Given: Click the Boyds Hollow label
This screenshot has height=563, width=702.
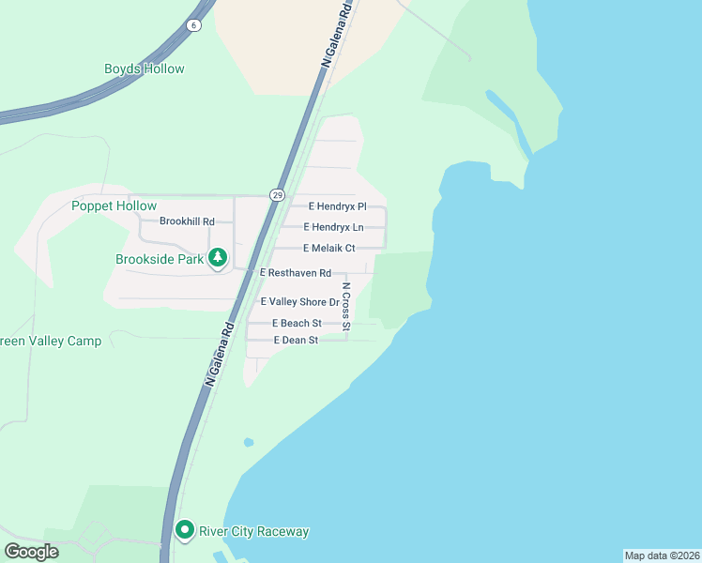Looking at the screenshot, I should (x=144, y=68).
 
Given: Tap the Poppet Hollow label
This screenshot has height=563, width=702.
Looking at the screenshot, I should (x=114, y=205).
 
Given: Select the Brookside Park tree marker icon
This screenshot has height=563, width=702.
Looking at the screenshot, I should (x=218, y=257).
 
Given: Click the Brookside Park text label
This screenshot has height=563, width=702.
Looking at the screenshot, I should (x=160, y=260).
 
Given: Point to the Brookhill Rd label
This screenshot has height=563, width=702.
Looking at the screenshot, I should (x=187, y=221).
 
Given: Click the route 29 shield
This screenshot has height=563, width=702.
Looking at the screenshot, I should (x=276, y=195).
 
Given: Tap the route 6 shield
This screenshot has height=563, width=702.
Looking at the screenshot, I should (x=193, y=25).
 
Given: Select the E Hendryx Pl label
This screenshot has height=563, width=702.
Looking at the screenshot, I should (x=336, y=205).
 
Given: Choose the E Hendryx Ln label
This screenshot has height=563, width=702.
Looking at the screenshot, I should (x=333, y=227).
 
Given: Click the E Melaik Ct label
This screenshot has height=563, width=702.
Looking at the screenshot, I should (x=329, y=249).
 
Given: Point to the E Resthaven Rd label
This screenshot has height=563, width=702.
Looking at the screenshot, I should (x=296, y=273).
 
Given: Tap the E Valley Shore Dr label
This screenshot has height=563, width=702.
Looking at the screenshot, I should (x=298, y=302).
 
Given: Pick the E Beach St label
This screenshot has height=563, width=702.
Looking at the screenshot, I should (x=297, y=323).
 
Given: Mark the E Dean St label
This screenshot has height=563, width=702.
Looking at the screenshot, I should (x=296, y=340).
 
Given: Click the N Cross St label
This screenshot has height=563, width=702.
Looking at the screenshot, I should (x=345, y=306).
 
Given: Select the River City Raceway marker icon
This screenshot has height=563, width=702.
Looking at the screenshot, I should (x=185, y=531).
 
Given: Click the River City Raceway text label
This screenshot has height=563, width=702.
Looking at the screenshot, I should (x=253, y=531).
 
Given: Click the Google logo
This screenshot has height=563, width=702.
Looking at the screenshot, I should (x=32, y=551).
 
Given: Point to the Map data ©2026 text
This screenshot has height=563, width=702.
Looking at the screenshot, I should (x=662, y=555).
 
